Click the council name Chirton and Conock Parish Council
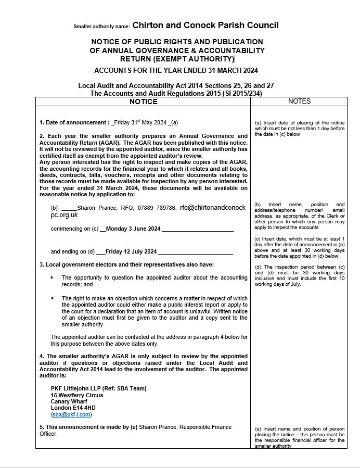click(x=205, y=25)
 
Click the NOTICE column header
click(x=143, y=102)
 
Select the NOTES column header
click(x=299, y=102)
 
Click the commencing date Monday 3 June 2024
click(x=133, y=229)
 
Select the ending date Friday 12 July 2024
click(x=131, y=252)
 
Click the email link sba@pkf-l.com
click(x=71, y=415)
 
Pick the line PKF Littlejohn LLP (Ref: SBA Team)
click(x=98, y=388)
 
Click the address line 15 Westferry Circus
click(x=76, y=395)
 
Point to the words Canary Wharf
click(x=69, y=401)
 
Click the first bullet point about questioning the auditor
click(x=155, y=281)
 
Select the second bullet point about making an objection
click(x=155, y=311)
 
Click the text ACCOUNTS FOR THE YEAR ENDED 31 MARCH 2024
click(x=176, y=70)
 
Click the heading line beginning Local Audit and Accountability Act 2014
click(x=176, y=85)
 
